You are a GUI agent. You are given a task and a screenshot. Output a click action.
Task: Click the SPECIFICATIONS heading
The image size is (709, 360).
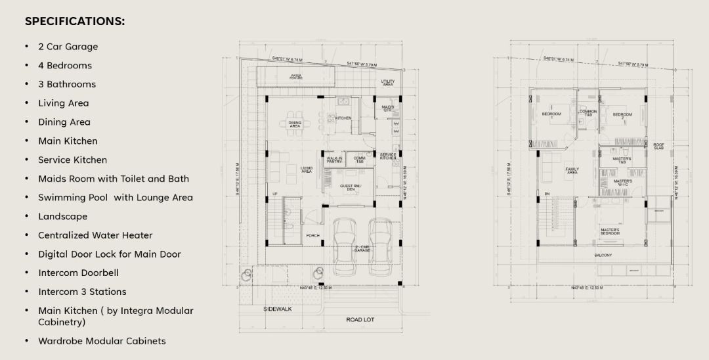tap(75, 21)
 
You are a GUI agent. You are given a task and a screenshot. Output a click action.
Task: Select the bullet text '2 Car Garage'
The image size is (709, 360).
tap(68, 47)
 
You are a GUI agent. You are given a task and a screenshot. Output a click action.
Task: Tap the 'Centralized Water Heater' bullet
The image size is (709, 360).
tap(95, 235)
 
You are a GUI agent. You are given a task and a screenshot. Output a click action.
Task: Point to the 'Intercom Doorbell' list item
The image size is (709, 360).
tap(78, 273)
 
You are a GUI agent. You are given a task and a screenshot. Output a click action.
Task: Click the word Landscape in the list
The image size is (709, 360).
tap(62, 216)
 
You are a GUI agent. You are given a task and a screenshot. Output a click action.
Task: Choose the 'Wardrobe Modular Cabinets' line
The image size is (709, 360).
tap(102, 341)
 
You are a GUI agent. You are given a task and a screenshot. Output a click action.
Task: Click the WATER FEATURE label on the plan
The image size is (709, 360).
tap(296, 77)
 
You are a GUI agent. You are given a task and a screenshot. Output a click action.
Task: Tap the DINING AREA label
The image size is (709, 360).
tap(295, 124)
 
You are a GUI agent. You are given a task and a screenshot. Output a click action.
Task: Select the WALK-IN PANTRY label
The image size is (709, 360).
tap(334, 160)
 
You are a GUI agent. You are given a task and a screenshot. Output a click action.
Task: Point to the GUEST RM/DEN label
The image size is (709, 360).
tap(346, 187)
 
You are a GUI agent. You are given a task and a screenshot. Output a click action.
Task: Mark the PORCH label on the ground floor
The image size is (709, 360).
tap(312, 235)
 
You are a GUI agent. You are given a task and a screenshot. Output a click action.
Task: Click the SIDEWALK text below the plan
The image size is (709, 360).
tap(278, 309)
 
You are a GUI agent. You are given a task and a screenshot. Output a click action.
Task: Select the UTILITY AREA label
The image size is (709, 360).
tap(388, 83)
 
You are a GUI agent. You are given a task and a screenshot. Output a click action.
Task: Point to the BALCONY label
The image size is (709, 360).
tap(603, 255)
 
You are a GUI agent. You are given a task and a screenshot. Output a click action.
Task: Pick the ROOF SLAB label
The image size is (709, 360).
tap(658, 146)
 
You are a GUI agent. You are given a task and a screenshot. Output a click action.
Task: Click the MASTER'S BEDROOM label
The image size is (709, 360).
tap(609, 232)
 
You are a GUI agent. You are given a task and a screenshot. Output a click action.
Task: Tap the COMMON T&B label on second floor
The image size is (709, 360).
tap(588, 113)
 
